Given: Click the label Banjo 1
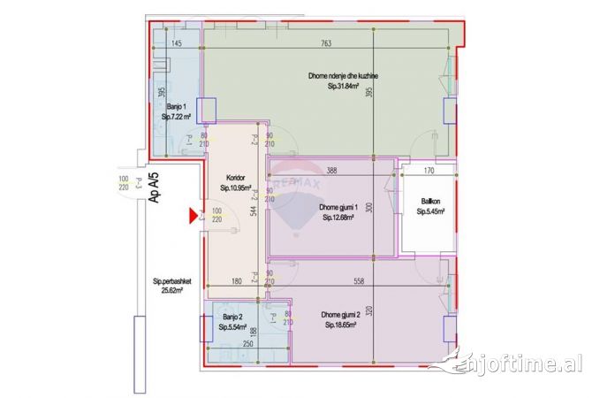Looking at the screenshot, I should tap(174, 105).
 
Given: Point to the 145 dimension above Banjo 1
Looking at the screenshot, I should tap(176, 43).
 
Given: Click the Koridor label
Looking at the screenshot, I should tap(235, 176).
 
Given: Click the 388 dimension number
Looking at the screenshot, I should tap(331, 171).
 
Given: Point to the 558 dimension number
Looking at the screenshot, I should tap(358, 282).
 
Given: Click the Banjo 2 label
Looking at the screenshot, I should tap(232, 316).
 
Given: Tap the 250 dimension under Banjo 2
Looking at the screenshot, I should tap(224, 345).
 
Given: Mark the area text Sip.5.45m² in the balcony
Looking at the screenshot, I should tap(430, 211).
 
